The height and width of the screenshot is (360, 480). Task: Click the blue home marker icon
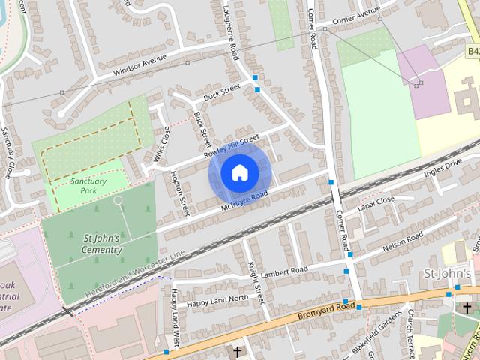tap(239, 173)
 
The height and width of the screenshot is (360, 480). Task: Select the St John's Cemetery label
tap(102, 244)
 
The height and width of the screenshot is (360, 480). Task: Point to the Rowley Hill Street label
tap(231, 145)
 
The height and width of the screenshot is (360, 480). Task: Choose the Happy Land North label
tap(217, 299)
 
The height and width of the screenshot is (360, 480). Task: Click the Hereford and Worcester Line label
tap(135, 271)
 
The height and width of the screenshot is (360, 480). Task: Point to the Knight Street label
tap(256, 281)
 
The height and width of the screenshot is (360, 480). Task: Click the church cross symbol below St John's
tap(466, 307)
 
